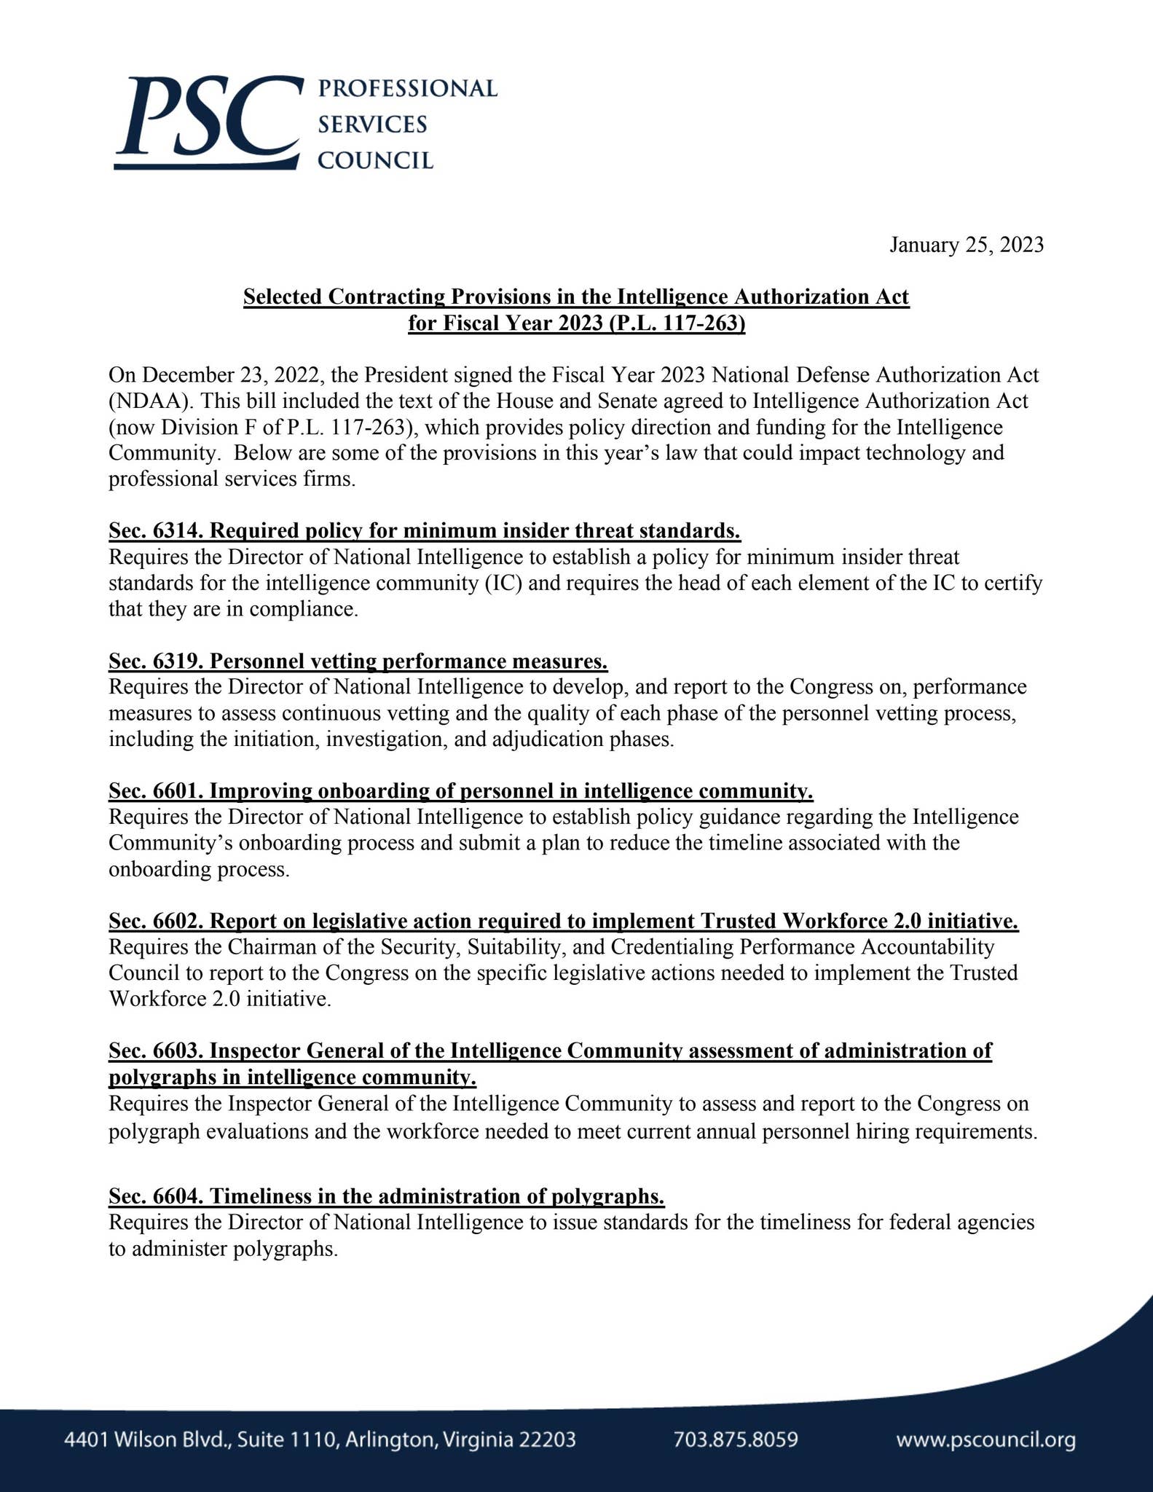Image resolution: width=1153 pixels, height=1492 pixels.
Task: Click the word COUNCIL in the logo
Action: click(376, 160)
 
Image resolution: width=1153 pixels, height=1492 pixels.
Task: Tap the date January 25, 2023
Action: click(966, 245)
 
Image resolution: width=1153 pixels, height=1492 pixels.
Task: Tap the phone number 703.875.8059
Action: click(736, 1440)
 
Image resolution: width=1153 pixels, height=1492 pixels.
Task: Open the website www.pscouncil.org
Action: click(985, 1440)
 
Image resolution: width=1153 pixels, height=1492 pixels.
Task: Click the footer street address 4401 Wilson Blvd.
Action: click(320, 1440)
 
